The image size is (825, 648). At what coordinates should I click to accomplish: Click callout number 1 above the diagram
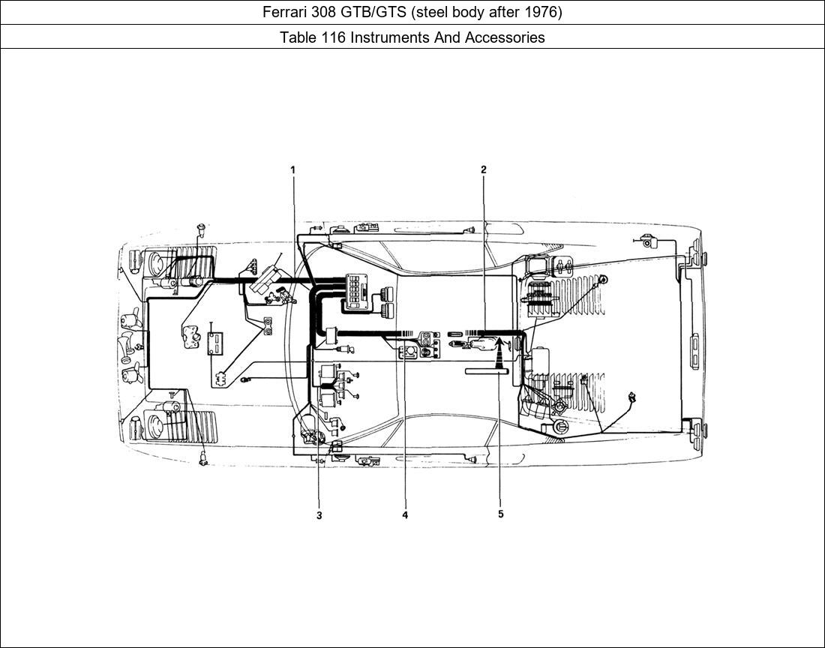(293, 170)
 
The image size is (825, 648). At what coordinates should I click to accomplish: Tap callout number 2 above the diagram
(484, 170)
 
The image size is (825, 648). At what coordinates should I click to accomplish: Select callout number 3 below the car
(319, 515)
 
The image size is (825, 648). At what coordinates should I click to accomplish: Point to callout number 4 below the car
(405, 515)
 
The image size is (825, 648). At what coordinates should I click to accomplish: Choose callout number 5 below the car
(500, 514)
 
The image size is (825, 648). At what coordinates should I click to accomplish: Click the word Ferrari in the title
(285, 13)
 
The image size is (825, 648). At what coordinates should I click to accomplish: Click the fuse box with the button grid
(355, 290)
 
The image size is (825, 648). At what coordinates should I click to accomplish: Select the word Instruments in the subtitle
(389, 37)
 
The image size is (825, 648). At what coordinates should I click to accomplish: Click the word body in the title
(465, 13)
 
